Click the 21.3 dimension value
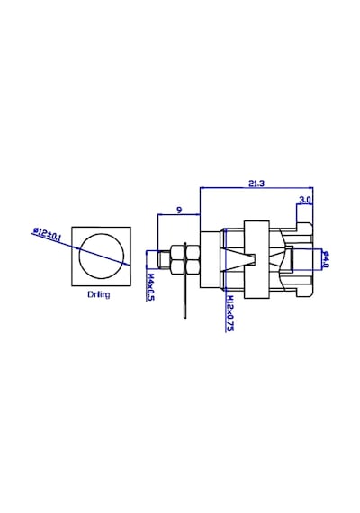coord(256,184)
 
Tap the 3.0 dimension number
coord(305,200)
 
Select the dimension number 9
coord(179,210)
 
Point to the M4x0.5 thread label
coord(150,287)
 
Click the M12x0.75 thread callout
coord(229,313)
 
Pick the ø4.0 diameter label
coord(325,259)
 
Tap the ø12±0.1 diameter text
coord(47,234)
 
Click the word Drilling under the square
coord(98,294)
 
